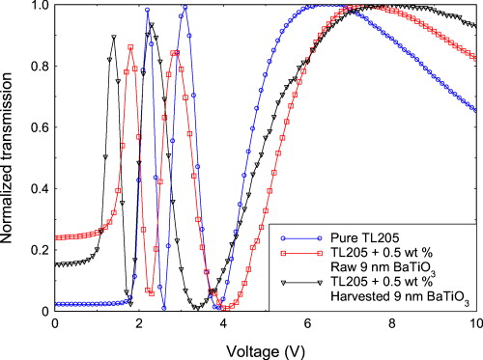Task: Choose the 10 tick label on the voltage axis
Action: [x=474, y=324]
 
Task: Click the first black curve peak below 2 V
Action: [x=113, y=38]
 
